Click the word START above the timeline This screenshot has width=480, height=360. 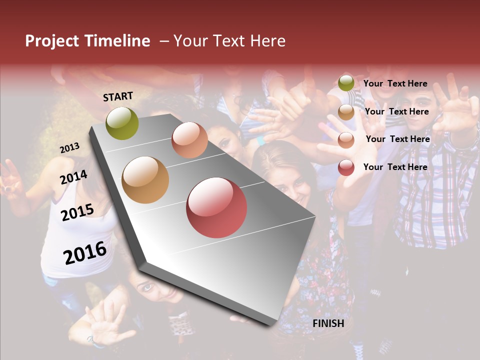tap(118, 96)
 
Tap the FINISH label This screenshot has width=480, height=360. tap(328, 323)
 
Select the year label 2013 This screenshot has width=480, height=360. tap(69, 148)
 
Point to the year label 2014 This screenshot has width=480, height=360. tap(73, 177)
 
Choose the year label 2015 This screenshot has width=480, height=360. tap(77, 212)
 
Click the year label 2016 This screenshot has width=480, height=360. tap(85, 253)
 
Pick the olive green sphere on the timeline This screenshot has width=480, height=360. tap(122, 123)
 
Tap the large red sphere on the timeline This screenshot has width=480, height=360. tap(216, 207)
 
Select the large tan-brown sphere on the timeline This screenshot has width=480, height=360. tap(145, 180)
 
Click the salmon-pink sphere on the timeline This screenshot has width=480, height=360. tap(189, 140)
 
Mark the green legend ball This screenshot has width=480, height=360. tap(346, 83)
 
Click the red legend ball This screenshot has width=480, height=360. tap(346, 167)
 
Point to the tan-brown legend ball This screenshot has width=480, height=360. tap(346, 112)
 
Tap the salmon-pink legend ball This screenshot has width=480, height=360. tap(346, 140)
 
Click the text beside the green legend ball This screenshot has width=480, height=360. tap(395, 83)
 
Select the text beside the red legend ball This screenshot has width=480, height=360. tap(395, 167)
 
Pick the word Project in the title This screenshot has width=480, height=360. tap(52, 41)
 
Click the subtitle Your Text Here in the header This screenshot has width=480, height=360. tap(229, 41)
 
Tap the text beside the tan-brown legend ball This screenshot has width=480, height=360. tap(396, 111)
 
